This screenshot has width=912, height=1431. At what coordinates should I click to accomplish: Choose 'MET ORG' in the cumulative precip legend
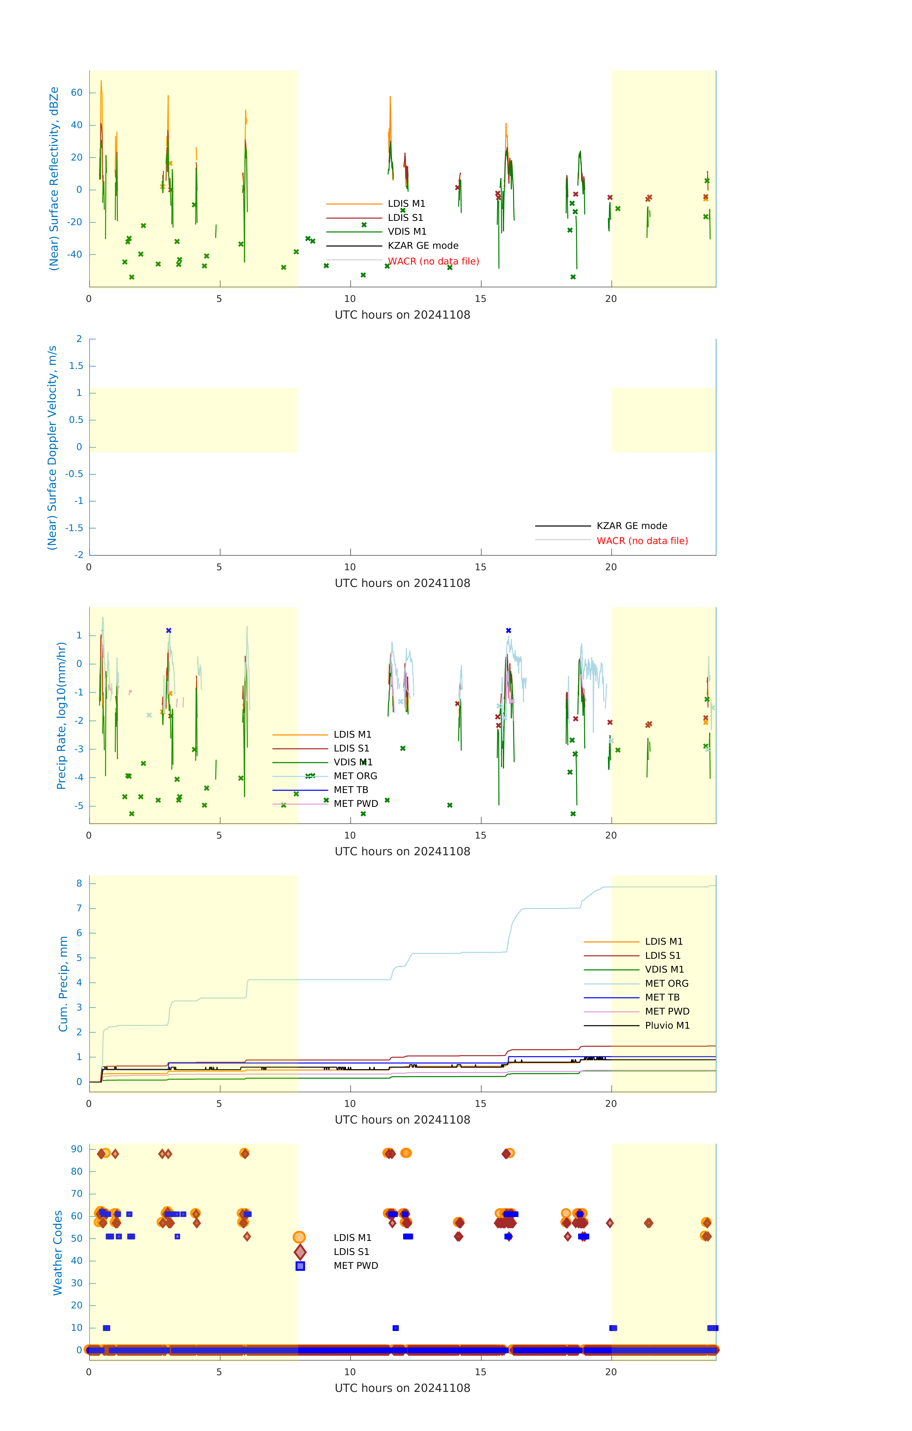(667, 984)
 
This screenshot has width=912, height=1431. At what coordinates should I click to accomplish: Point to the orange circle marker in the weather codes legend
(299, 1237)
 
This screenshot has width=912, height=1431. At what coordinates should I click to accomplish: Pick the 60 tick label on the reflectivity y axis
(77, 93)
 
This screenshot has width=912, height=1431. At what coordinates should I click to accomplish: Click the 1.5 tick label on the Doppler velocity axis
(76, 366)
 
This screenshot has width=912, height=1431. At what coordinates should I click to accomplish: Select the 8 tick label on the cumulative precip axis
(79, 884)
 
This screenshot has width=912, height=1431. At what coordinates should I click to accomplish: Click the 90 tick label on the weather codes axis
(77, 1149)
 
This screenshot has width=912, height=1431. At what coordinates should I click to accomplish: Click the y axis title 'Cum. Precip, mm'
(63, 984)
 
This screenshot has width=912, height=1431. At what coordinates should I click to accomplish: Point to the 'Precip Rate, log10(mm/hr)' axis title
(61, 715)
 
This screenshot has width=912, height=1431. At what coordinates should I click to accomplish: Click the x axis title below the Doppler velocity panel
(402, 583)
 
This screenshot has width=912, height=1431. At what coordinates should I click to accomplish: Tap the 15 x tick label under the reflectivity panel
(480, 299)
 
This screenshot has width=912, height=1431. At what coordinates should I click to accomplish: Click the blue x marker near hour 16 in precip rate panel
(508, 631)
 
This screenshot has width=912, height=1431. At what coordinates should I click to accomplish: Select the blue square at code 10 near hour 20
(613, 1327)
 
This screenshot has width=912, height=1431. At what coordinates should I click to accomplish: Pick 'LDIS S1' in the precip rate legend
(351, 748)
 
